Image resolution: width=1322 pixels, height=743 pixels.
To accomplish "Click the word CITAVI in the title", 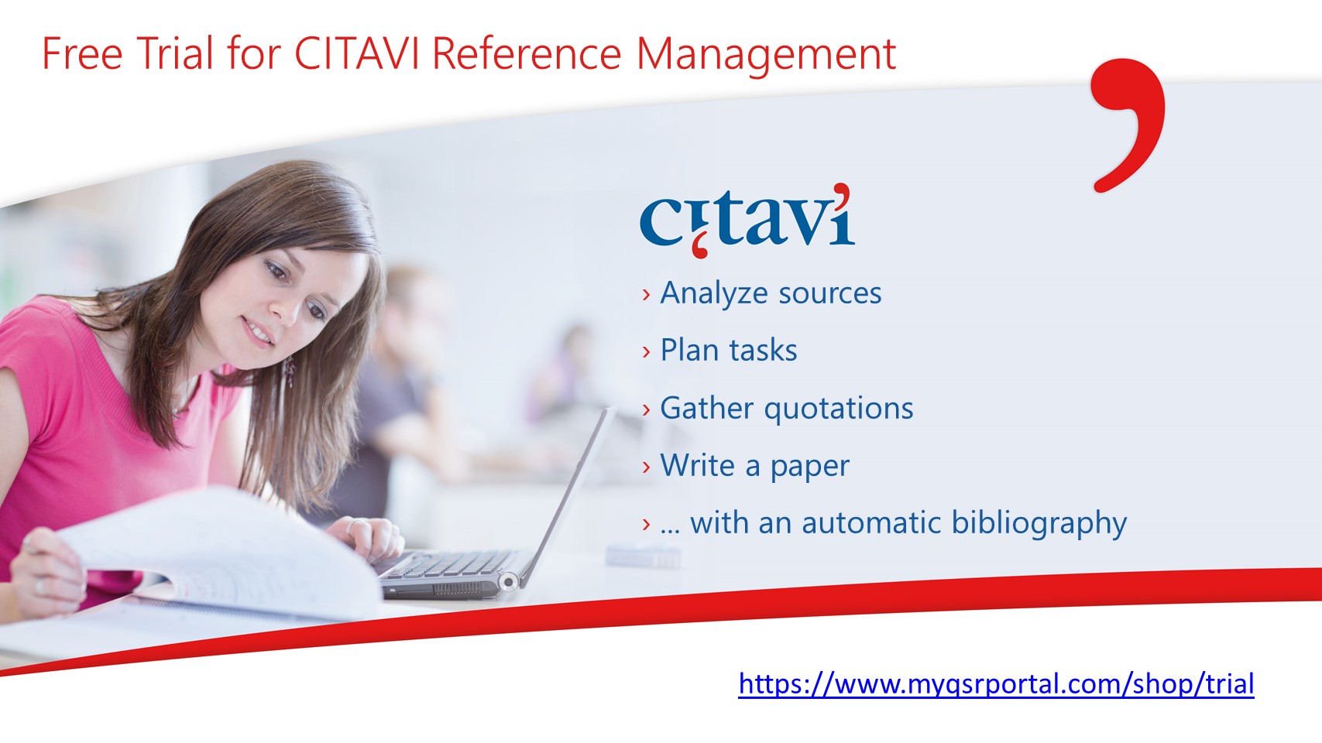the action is [x=356, y=53].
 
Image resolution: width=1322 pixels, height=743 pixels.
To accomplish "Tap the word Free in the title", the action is [x=82, y=53].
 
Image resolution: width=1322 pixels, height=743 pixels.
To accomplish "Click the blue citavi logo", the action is [x=747, y=221].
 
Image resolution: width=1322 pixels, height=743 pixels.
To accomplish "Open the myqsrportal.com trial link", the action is [x=996, y=684].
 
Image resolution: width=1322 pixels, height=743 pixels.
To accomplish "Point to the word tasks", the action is [x=763, y=351].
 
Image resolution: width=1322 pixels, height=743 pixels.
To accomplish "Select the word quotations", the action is [x=839, y=409].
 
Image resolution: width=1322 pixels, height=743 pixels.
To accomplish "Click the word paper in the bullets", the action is [x=810, y=467].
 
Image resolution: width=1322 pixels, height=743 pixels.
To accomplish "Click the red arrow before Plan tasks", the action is [x=646, y=352].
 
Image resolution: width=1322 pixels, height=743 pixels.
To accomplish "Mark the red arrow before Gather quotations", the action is [x=646, y=410].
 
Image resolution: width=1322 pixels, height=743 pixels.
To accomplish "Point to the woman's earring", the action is [x=290, y=371].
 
